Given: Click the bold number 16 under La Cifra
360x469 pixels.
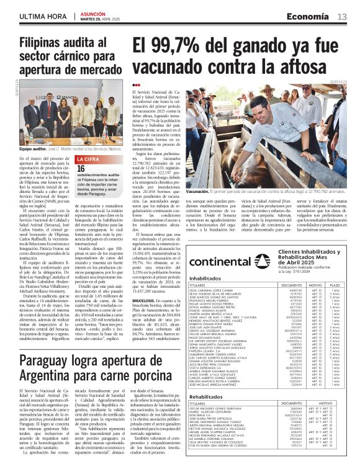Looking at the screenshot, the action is coord(81,168).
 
